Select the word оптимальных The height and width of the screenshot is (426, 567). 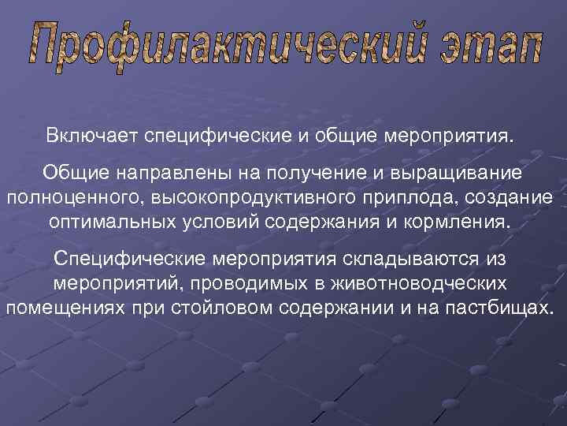click(115, 219)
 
